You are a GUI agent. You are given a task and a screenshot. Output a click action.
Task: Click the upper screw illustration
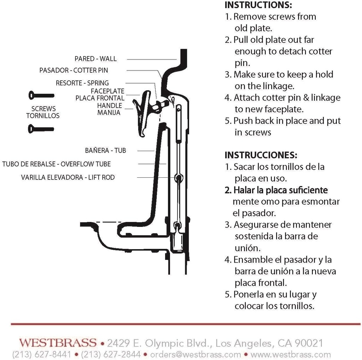coord(41,95)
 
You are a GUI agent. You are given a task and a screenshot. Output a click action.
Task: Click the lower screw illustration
coord(41,129)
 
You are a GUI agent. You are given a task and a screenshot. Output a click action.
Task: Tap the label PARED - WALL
coord(95,59)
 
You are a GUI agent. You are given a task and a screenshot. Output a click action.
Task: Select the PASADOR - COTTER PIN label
coord(74,70)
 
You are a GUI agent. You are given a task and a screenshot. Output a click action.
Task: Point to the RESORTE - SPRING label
coord(82,83)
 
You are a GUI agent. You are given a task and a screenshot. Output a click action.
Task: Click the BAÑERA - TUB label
coord(105,150)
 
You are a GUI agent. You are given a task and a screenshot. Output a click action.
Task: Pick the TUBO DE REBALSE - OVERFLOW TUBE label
coord(56,164)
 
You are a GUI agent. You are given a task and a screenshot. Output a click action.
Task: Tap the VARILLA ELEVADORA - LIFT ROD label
coord(68,177)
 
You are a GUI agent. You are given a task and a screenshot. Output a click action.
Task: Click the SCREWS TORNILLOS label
coord(43,112)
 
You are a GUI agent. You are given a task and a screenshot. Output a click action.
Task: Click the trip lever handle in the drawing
coord(143,113)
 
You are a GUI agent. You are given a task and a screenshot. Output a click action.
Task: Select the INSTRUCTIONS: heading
coord(258,5)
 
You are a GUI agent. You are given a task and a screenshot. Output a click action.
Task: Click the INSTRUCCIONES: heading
coord(261,155)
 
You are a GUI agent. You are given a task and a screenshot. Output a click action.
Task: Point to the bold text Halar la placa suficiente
coord(276,190)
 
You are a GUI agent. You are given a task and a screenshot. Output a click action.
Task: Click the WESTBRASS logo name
coord(58,343)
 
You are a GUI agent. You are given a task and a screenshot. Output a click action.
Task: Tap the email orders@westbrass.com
coord(195,354)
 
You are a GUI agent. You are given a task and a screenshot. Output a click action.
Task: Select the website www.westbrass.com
coord(291,354)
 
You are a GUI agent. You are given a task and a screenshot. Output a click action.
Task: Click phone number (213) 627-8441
coord(42,354)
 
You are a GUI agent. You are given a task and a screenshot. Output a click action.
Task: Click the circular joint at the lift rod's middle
coord(179,177)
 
